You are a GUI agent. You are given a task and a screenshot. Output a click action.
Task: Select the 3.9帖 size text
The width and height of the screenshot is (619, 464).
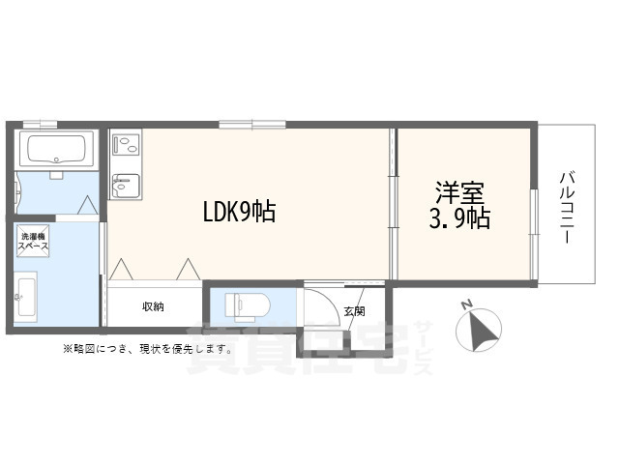pyautogui.click(x=459, y=218)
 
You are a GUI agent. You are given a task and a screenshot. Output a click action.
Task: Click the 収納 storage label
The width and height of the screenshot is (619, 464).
pyautogui.click(x=153, y=306)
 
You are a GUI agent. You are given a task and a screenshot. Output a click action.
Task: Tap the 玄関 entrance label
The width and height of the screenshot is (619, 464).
pyautogui.click(x=354, y=311)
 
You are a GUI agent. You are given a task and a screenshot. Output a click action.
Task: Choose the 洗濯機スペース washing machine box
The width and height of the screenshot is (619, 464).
pyautogui.click(x=33, y=241)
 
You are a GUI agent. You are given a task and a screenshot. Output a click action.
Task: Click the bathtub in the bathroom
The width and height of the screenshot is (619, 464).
pyautogui.click(x=55, y=149)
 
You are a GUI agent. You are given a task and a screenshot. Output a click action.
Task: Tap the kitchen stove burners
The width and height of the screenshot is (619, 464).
pyautogui.click(x=125, y=145)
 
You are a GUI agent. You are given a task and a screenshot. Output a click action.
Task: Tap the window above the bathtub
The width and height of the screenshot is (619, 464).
pyautogui.click(x=40, y=125)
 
